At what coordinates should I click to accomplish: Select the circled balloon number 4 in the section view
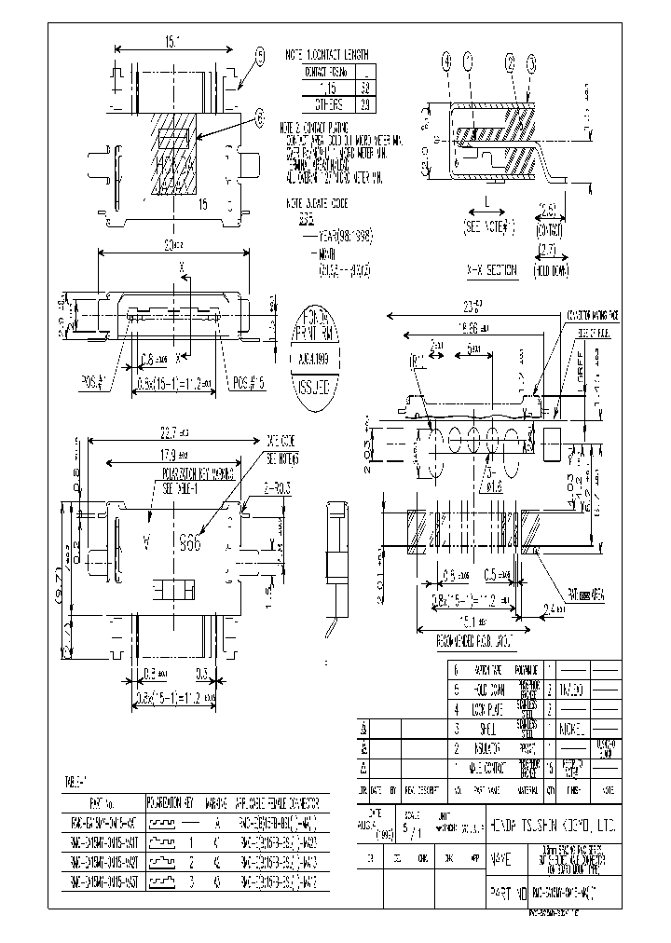click(x=448, y=63)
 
